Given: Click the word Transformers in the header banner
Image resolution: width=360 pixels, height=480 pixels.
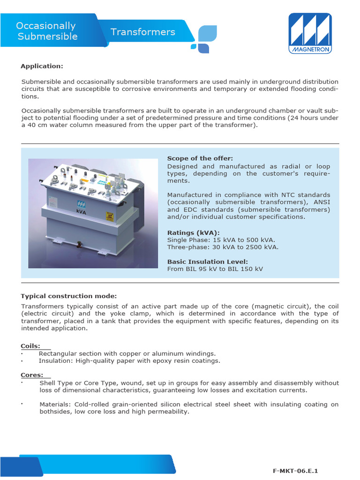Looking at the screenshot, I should (x=143, y=32).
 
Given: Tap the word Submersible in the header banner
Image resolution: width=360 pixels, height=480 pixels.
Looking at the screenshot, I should (x=47, y=37).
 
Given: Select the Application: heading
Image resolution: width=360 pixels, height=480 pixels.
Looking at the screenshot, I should (x=42, y=66).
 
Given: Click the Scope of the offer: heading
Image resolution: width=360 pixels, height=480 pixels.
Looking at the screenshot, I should (x=200, y=158).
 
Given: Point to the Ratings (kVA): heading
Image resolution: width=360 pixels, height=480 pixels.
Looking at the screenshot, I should (x=193, y=232).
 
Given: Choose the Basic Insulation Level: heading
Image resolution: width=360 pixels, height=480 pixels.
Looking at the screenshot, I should (x=208, y=262).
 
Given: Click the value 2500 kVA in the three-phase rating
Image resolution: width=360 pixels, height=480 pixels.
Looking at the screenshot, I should (x=260, y=247).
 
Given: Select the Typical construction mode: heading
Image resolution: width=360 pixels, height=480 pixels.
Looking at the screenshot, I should (x=68, y=296).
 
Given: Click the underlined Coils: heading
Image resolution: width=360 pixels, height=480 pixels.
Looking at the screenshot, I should (x=30, y=346).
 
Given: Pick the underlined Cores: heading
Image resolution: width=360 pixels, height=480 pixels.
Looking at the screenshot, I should (x=32, y=375).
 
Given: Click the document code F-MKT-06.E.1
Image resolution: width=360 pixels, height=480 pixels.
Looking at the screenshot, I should (x=298, y=470).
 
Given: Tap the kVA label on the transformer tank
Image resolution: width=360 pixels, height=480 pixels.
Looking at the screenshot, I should (x=82, y=211).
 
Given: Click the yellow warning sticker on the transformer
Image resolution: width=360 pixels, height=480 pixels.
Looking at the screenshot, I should (x=110, y=216).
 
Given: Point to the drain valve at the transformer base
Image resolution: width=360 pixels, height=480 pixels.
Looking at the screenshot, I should (x=78, y=244).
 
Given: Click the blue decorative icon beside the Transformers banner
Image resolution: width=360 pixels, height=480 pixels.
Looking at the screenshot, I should (x=204, y=39).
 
